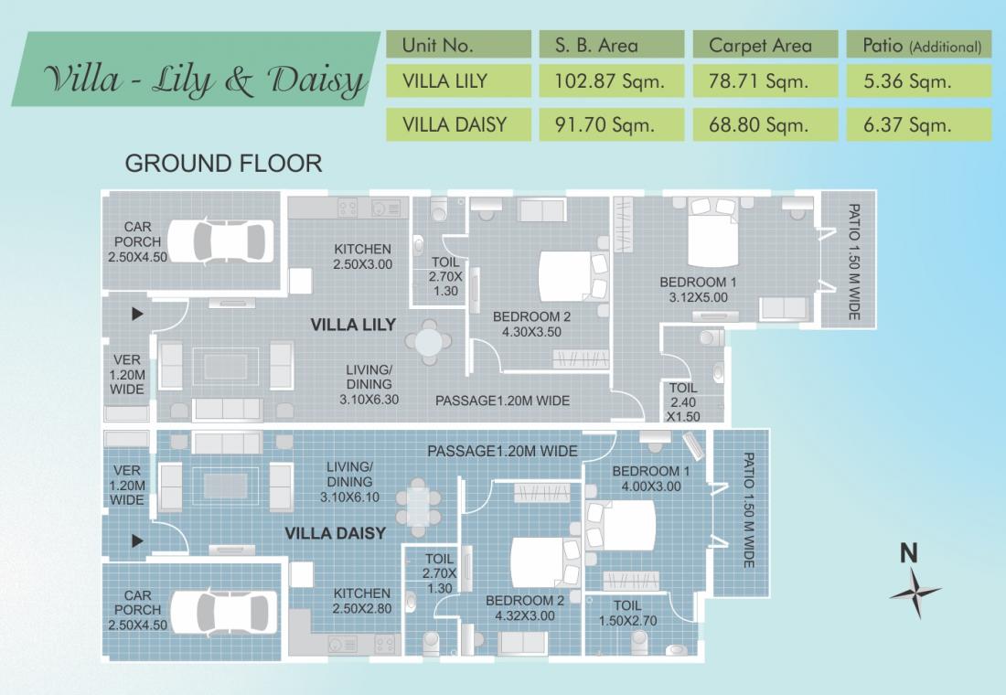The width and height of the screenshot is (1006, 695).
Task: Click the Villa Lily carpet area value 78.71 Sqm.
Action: [x=758, y=81]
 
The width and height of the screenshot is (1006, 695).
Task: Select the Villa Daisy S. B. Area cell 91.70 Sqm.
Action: [x=605, y=124]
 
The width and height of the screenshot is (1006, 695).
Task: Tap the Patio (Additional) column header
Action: [x=921, y=46]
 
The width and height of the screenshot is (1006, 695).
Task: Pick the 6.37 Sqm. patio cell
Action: [x=906, y=124]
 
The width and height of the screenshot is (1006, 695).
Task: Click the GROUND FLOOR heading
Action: [x=223, y=164]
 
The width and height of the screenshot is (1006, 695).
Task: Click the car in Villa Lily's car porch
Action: [x=221, y=241]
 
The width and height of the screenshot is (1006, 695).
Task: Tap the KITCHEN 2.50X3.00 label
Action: [x=362, y=257]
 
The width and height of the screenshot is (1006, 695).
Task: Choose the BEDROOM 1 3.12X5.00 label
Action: [x=698, y=289]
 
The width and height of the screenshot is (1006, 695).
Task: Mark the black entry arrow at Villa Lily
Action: [x=137, y=314]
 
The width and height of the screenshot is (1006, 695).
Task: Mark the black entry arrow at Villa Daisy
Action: [x=137, y=541]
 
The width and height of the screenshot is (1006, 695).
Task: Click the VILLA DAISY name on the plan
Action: [x=335, y=533]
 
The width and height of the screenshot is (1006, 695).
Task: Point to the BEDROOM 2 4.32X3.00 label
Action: [x=525, y=608]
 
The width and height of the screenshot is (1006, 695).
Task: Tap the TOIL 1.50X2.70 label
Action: [x=627, y=613]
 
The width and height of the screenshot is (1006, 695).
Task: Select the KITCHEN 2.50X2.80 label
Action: [x=362, y=602]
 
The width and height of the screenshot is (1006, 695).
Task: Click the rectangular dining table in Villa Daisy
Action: [x=418, y=507]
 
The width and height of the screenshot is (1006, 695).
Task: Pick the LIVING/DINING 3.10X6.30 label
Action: [x=369, y=384]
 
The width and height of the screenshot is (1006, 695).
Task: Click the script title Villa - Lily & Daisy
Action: [x=205, y=80]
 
